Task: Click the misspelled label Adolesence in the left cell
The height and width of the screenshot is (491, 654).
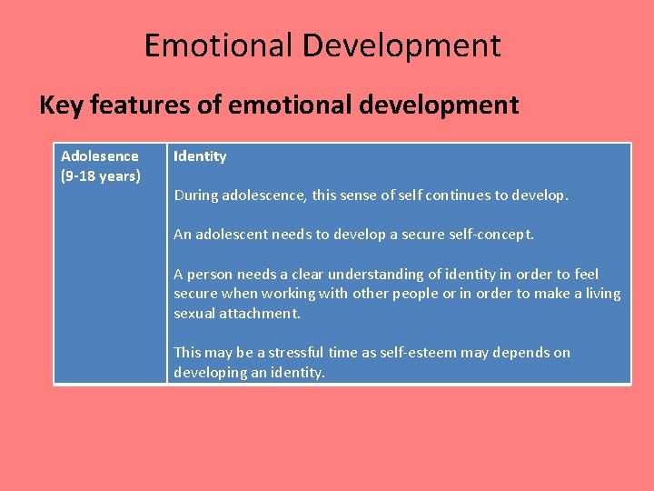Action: pyautogui.click(x=100, y=156)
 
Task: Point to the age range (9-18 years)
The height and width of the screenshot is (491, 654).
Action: pyautogui.click(x=101, y=175)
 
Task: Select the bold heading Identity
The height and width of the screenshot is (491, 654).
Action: pyautogui.click(x=200, y=156)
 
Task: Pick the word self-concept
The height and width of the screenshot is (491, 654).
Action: pyautogui.click(x=490, y=235)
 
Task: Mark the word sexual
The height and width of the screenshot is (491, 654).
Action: pyautogui.click(x=194, y=313)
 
